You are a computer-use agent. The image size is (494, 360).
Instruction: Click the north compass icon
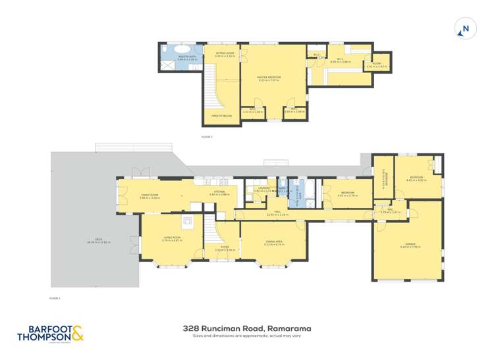(466, 29)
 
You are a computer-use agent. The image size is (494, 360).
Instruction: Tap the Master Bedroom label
(269, 78)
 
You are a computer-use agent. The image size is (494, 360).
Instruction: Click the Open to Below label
(221, 116)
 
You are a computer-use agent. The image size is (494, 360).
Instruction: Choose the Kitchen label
(219, 192)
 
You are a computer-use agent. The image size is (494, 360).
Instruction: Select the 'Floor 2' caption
(207, 137)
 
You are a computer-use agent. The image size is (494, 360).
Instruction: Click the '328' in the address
(191, 328)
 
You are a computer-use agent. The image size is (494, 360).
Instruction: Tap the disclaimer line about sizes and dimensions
(246, 336)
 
